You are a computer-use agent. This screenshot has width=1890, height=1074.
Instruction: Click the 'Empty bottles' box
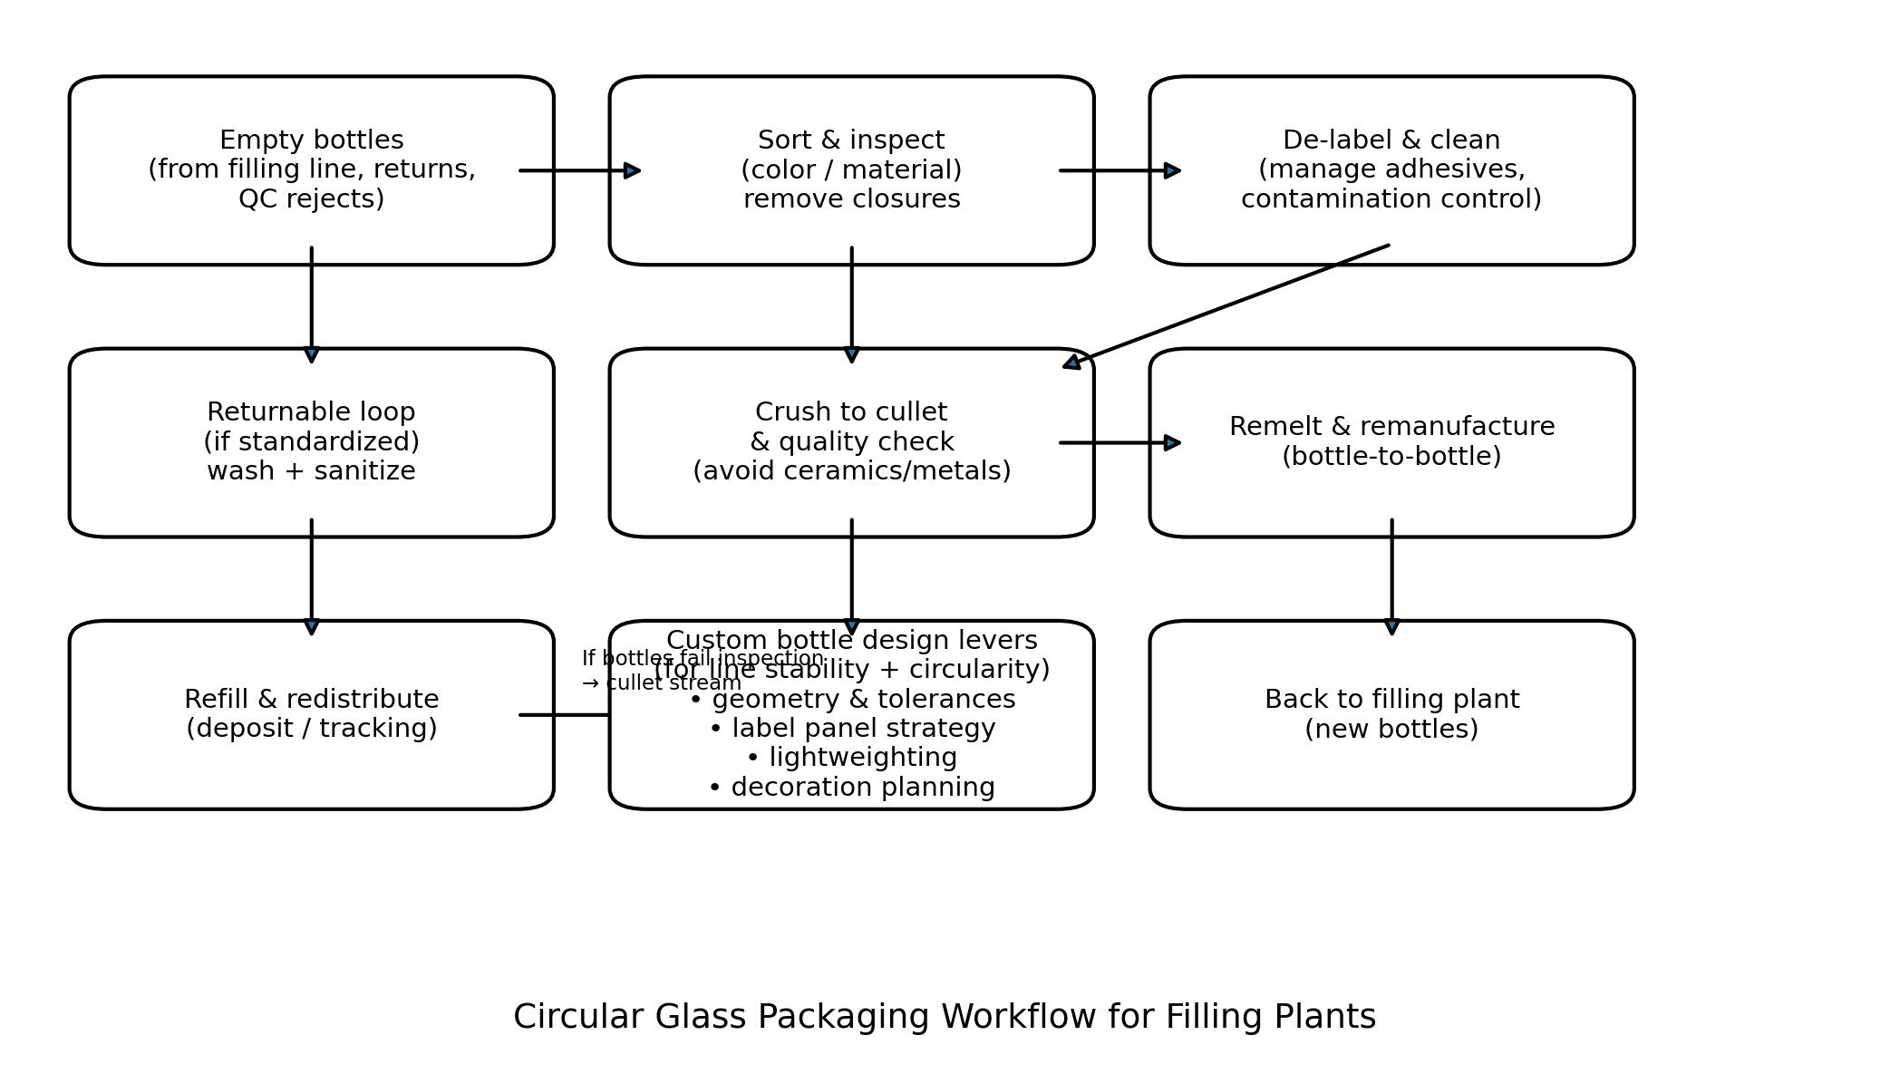point(311,170)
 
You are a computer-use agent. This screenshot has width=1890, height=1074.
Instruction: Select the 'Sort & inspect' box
point(851,170)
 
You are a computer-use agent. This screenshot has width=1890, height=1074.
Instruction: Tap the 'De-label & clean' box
point(1391,170)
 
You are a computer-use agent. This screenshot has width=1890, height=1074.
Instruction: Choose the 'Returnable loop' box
point(311,442)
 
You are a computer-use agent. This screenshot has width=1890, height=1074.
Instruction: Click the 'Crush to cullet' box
point(851,442)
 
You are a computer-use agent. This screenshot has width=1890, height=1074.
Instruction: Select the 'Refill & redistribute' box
point(311,714)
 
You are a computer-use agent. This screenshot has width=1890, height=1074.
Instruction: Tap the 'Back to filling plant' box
point(1391,714)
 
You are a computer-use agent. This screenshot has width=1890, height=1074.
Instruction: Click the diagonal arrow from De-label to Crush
point(1226,305)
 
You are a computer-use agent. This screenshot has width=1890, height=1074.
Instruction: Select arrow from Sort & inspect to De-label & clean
point(1120,170)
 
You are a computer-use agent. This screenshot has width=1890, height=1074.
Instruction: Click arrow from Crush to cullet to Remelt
point(1120,442)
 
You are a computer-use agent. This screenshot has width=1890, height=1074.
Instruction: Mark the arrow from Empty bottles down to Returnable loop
point(311,305)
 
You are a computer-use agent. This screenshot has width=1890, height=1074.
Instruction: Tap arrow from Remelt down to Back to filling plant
point(1391,576)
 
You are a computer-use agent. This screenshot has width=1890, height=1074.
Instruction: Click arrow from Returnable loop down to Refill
point(311,576)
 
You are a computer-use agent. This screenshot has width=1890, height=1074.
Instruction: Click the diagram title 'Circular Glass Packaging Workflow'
point(944,1017)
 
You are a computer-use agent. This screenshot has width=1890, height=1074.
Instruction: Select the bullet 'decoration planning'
point(851,788)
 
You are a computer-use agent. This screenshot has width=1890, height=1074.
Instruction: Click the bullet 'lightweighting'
point(851,758)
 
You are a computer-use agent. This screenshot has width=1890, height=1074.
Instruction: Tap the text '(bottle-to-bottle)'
point(1391,457)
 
